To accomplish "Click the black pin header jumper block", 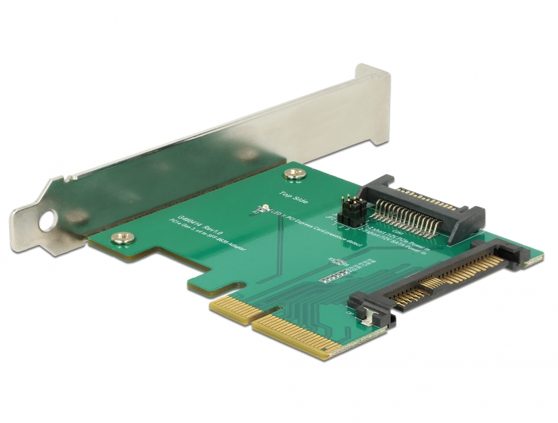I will tap(348, 213).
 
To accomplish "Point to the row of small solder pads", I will tap(336, 277).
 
